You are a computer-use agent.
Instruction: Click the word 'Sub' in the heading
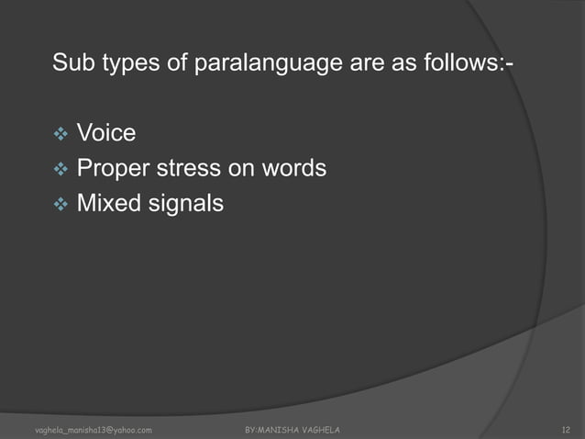73,64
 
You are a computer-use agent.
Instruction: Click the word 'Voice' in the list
106,134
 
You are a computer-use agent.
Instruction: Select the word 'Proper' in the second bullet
114,170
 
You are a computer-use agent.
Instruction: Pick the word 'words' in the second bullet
294,169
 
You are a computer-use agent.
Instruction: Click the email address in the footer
93,430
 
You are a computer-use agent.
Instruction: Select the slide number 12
565,430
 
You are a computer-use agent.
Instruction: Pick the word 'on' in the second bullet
241,169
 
